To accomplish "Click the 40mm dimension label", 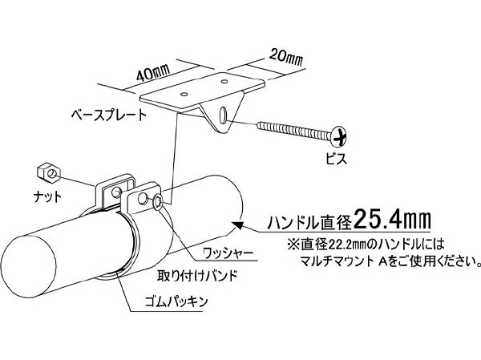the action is (153, 75).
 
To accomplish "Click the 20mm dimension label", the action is (286, 58).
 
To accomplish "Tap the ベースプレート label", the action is (109, 115).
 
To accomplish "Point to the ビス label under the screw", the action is (337, 159).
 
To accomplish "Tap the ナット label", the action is (47, 196).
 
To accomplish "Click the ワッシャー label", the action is (228, 253).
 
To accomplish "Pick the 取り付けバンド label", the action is (197, 276).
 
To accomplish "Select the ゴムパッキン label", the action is (176, 301).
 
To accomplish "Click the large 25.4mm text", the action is (392, 219).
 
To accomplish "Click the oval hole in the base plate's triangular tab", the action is (224, 115).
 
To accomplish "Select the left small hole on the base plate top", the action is (184, 94).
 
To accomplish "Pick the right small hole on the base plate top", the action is (224, 82).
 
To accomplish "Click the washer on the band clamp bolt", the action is (158, 202).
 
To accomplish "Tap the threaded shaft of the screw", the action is (294, 131).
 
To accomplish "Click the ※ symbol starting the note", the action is (293, 245).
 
